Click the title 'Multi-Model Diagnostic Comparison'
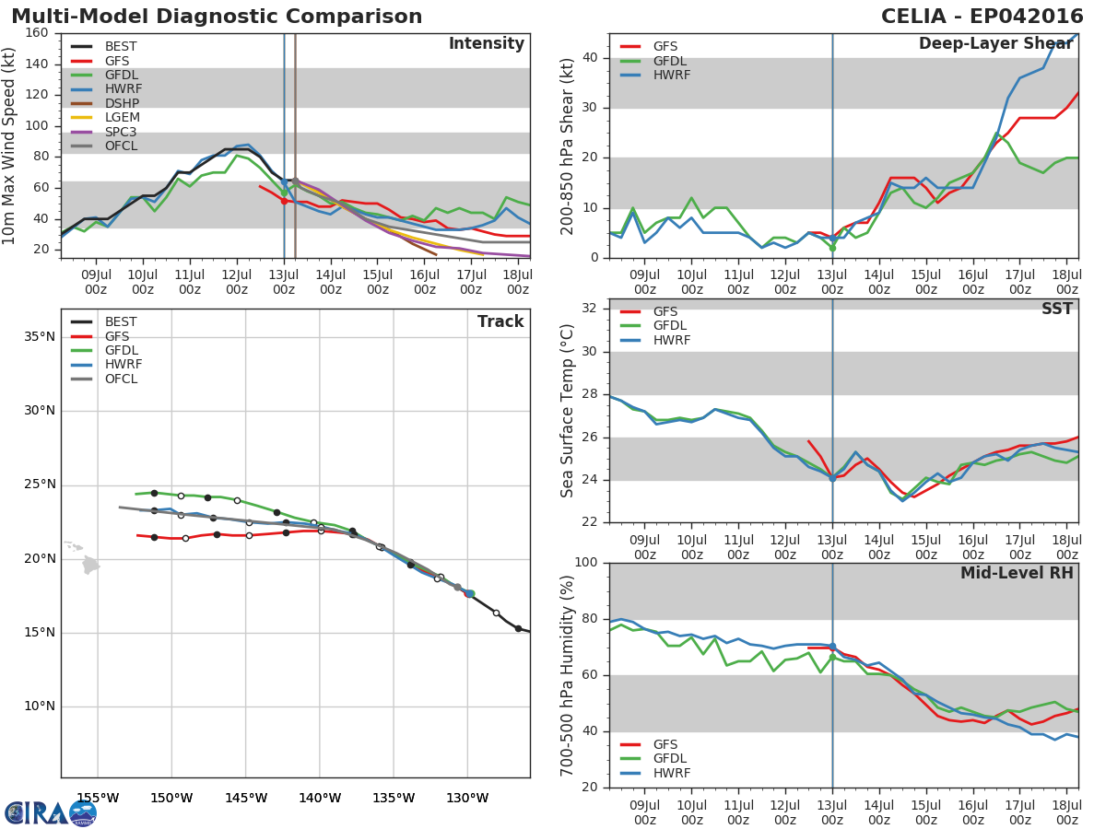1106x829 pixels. pyautogui.click(x=217, y=17)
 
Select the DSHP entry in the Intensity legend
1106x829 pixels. pyautogui.click(x=122, y=103)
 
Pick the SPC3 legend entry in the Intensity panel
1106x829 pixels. pyautogui.click(x=122, y=132)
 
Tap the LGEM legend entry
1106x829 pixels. pyautogui.click(x=122, y=118)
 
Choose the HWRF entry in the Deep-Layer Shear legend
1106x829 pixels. pyautogui.click(x=671, y=75)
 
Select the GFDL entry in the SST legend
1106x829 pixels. pyautogui.click(x=671, y=326)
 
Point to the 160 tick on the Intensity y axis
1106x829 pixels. pyautogui.click(x=37, y=33)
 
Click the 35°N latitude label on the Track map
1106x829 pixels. pyautogui.click(x=39, y=336)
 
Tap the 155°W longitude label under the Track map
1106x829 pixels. pyautogui.click(x=98, y=798)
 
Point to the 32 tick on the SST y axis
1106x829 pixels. pyautogui.click(x=590, y=309)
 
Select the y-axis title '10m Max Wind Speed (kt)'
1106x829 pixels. pyautogui.click(x=10, y=146)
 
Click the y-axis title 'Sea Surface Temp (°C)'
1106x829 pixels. pyautogui.click(x=568, y=411)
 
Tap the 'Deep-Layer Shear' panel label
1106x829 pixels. pyautogui.click(x=995, y=44)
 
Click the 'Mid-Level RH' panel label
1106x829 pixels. pyautogui.click(x=1017, y=573)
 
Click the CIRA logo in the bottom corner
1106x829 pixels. pyautogui.click(x=50, y=813)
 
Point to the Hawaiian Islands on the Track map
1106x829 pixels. pyautogui.click(x=89, y=563)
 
